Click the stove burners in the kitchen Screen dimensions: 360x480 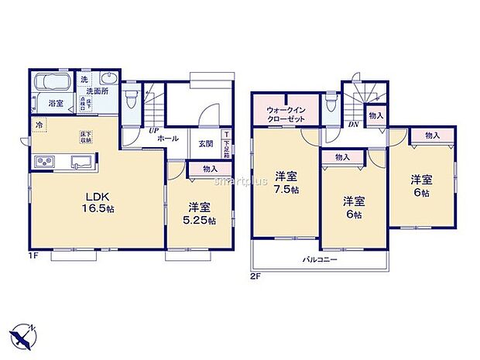pyautogui.click(x=43, y=162)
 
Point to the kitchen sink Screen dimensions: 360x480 pyautogui.click(x=80, y=162)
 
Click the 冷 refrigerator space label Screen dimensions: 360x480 pyautogui.click(x=38, y=123)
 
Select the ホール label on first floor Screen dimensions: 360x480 pyautogui.click(x=168, y=138)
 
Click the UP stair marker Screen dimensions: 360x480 pyautogui.click(x=154, y=129)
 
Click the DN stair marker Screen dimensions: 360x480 pyautogui.click(x=353, y=124)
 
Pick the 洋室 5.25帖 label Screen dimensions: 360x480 pyautogui.click(x=199, y=214)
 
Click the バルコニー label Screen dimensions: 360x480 pyautogui.click(x=320, y=260)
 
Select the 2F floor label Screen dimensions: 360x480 pyautogui.click(x=256, y=275)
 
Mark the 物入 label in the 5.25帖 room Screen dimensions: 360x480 pyautogui.click(x=209, y=169)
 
